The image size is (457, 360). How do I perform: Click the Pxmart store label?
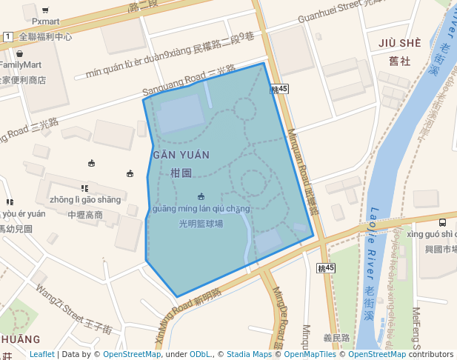coord(45,21)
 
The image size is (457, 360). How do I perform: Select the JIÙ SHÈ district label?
coord(399,43)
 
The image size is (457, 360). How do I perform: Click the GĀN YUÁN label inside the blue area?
coord(181,155)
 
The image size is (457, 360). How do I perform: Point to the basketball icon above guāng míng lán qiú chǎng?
coord(201,196)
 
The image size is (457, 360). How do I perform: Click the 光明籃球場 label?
coord(201,223)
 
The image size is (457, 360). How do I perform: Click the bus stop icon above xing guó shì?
coord(442,221)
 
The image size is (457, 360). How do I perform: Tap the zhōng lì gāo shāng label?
coord(84,199)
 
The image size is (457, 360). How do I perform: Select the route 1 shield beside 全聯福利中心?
coord(7,36)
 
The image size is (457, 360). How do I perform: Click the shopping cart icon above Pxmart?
coord(45,10)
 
